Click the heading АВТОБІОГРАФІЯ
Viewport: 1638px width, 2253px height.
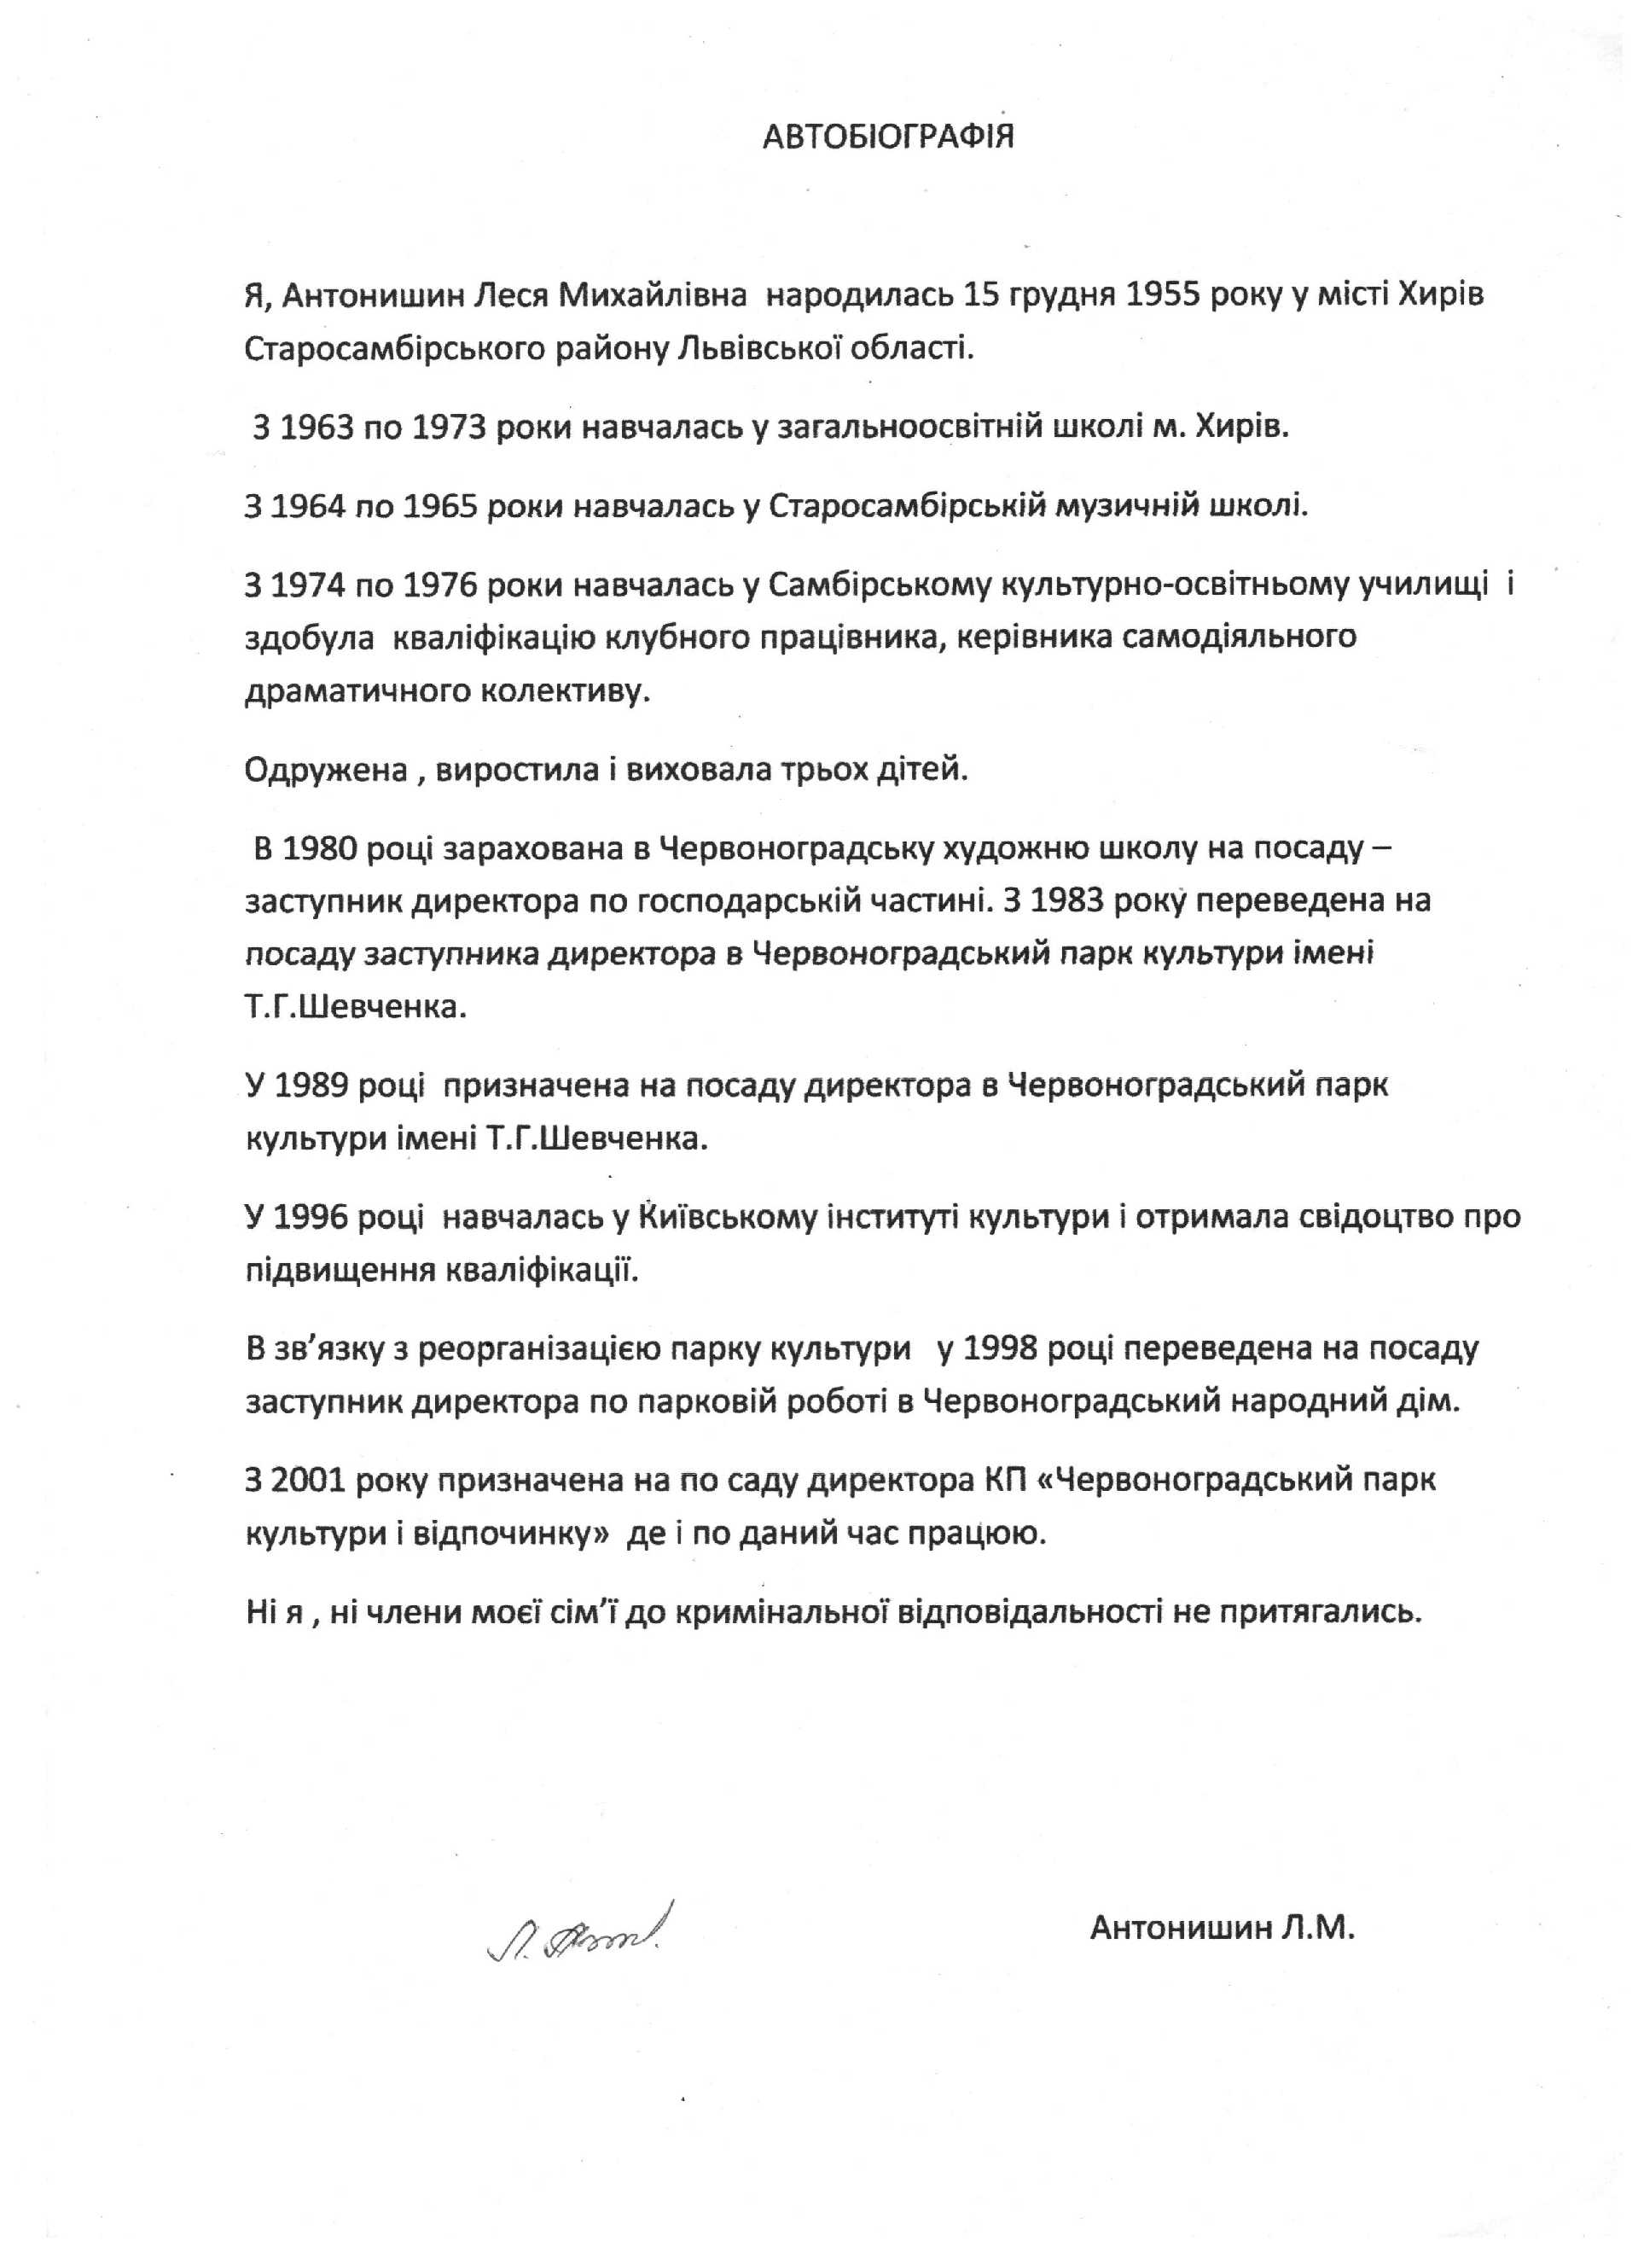point(888,136)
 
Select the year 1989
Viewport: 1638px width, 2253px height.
point(310,1085)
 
